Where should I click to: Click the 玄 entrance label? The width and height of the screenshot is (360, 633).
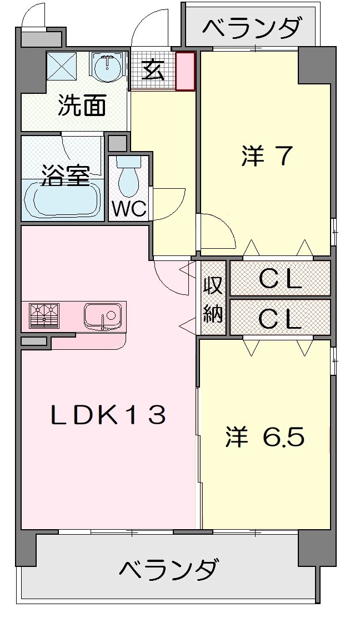tap(152, 72)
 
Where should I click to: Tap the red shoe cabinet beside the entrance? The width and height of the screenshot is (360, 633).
tap(186, 71)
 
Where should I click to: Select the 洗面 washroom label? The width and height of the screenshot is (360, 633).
tap(82, 106)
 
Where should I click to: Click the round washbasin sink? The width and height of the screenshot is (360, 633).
tap(107, 69)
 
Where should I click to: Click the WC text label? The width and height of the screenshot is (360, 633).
tap(129, 209)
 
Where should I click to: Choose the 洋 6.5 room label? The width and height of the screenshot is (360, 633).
tap(264, 437)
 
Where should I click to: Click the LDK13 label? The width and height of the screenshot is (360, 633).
tap(108, 415)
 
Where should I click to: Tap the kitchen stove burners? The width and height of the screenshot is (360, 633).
tap(44, 316)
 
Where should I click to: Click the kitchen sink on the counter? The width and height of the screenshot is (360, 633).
tap(103, 316)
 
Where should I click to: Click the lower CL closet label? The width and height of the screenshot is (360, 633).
tap(280, 318)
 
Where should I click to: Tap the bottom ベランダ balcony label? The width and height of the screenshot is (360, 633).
tap(168, 569)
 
